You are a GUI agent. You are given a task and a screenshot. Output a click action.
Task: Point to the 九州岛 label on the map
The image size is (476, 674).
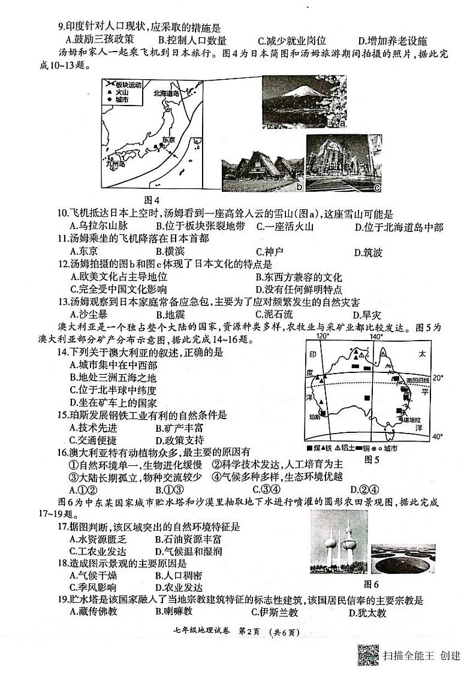pyautogui.click(x=113, y=163)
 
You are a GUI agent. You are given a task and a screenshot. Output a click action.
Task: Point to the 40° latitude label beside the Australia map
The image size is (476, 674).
pyautogui.click(x=438, y=436)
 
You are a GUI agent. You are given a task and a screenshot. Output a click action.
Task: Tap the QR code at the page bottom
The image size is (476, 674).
pyautogui.click(x=367, y=654)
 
